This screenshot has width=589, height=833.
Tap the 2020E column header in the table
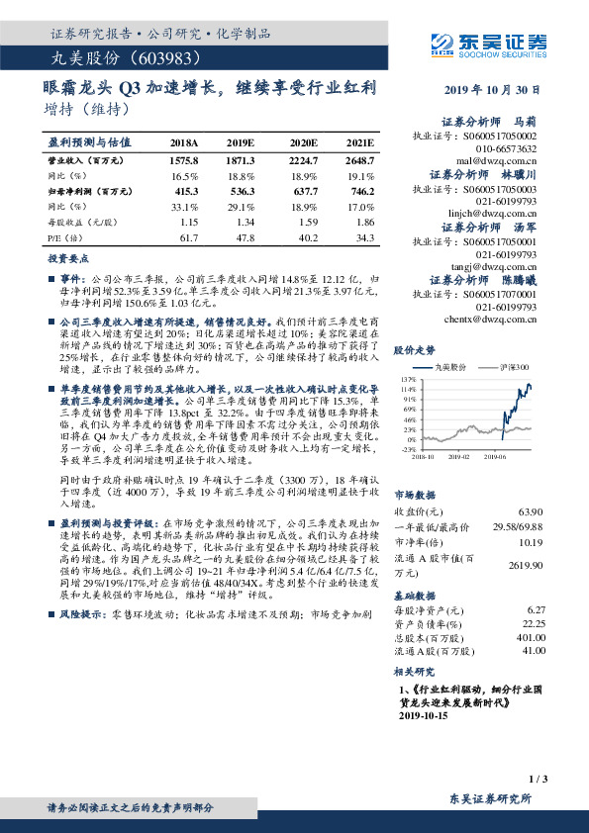click(x=302, y=142)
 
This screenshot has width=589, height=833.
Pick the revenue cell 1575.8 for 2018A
click(x=184, y=159)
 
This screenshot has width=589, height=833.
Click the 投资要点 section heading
click(x=66, y=257)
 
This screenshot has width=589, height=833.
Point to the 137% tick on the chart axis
click(x=409, y=379)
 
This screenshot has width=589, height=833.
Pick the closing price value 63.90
click(x=532, y=511)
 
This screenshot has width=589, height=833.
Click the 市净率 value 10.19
click(x=532, y=541)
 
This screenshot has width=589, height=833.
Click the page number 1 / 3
click(x=539, y=780)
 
